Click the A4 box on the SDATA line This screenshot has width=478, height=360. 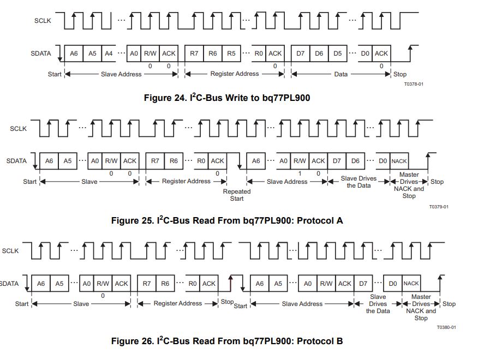point(109,53)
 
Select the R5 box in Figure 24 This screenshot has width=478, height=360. point(231,53)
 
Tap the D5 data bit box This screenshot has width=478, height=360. point(337,53)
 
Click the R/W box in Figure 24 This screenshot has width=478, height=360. point(150,53)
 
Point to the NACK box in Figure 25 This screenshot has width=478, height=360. point(399,161)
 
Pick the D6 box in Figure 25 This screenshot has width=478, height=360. point(355,161)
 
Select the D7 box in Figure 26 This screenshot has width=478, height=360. point(363,283)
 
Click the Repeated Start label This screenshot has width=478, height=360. point(237,195)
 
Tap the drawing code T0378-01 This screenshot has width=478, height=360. point(414,84)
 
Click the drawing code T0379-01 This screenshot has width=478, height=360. point(438,207)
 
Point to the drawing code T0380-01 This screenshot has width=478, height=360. point(446,327)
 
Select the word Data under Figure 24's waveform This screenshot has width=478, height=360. point(340,74)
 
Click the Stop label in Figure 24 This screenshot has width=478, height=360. point(400,74)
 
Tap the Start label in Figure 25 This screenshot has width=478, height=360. point(30,181)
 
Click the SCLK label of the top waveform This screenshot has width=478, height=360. point(43,21)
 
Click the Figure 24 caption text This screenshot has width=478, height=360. point(230,98)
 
